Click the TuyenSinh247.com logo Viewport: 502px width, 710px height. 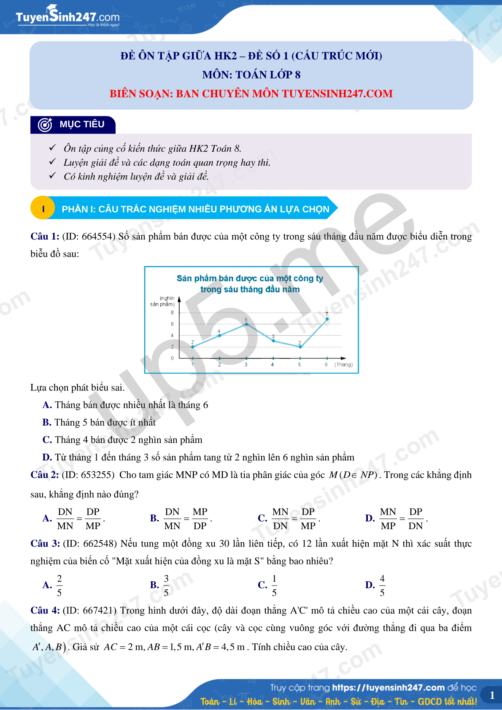pos(67,17)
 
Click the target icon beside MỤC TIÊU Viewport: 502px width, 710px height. pos(45,125)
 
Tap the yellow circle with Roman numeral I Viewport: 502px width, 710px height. pos(43,209)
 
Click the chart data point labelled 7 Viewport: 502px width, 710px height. pos(327,319)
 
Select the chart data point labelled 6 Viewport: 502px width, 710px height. pos(246,324)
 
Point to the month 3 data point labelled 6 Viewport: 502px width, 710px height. pos(246,324)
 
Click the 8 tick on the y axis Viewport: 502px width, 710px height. pos(172,313)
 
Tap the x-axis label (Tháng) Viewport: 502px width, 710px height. pos(343,365)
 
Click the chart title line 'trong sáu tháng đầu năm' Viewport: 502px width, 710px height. pos(250,290)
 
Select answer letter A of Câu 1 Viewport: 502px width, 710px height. pos(47,405)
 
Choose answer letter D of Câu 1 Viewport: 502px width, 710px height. pos(47,457)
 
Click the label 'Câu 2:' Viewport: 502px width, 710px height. pos(45,475)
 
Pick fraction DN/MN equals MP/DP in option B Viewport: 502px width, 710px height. pos(186,519)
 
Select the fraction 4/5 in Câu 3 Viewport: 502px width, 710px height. pos(382,585)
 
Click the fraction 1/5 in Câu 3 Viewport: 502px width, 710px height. pos(274,585)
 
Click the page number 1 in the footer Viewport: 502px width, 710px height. pos(492,696)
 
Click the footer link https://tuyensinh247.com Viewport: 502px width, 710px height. pos(388,688)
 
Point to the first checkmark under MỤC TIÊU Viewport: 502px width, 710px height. pos(52,148)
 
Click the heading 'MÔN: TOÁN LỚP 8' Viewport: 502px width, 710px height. pos(251,75)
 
